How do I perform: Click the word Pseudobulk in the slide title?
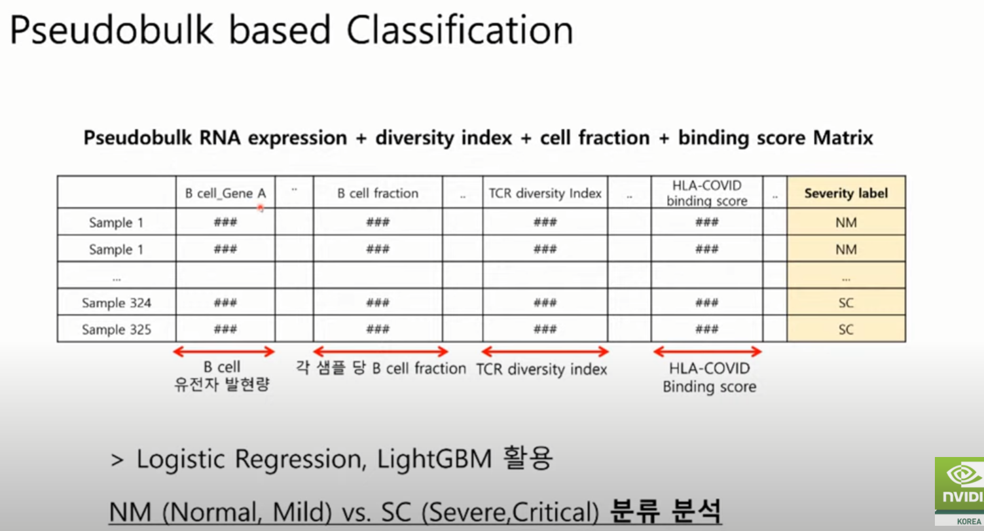[111, 31]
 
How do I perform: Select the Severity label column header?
[846, 193]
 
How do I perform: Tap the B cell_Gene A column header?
[225, 193]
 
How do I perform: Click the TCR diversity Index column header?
[545, 193]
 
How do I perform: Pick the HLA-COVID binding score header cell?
[707, 192]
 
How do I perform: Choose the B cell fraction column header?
[378, 193]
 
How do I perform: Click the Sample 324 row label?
[117, 302]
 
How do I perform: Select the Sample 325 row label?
[117, 329]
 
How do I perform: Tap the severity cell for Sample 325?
[846, 329]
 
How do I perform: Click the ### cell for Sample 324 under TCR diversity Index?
[545, 302]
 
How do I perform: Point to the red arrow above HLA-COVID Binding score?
[707, 352]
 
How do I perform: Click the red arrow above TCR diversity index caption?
[545, 352]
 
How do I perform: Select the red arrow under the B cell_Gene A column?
[224, 352]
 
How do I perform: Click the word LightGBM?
[434, 460]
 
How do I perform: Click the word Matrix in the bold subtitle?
[843, 137]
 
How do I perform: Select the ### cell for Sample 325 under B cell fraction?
[378, 329]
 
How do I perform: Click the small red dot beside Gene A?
[261, 208]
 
